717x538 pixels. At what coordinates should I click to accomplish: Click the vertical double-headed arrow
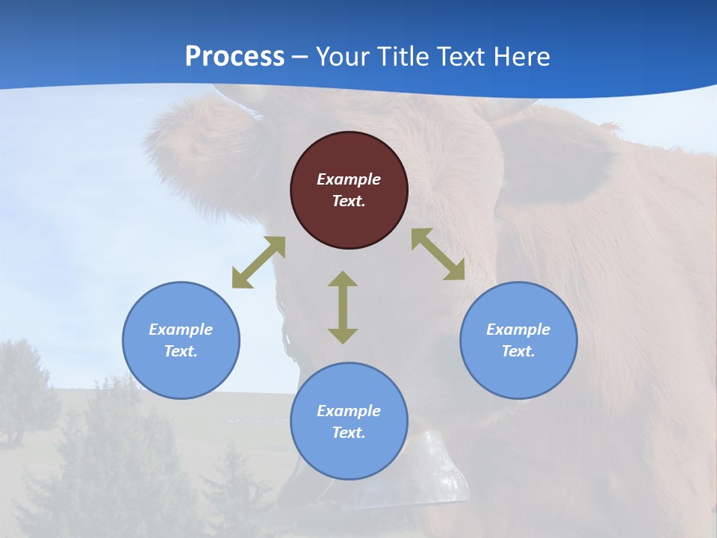tap(343, 307)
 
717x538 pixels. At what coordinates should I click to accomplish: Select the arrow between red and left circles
tap(258, 262)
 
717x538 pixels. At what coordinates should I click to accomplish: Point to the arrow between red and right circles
tap(438, 254)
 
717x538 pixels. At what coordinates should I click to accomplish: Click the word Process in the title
tap(235, 56)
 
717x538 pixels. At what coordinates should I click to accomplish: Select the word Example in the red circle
tap(349, 179)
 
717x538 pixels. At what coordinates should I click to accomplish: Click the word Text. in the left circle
tap(181, 351)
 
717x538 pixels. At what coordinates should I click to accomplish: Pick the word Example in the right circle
tap(518, 330)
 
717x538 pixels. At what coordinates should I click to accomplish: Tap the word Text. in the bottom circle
tap(349, 433)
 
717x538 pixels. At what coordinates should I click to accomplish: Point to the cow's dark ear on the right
tap(553, 157)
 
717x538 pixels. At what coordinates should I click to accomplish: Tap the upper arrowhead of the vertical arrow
tap(343, 279)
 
